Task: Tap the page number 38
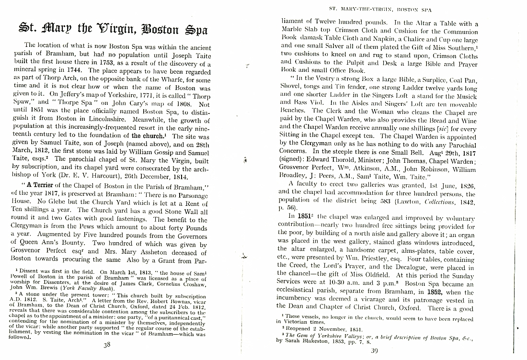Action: coord(108,347)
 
